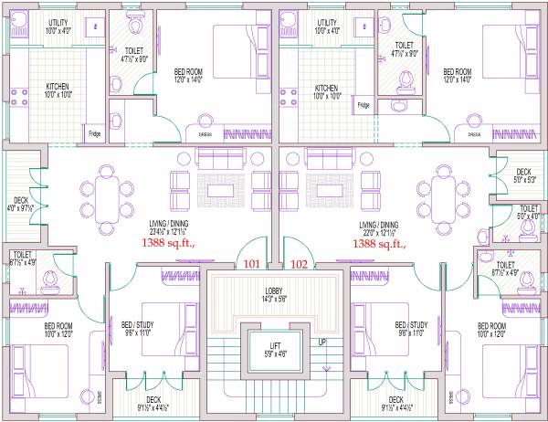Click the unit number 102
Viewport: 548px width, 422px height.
pos(299,265)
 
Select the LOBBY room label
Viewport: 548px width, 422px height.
pos(273,290)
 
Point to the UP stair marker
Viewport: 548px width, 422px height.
pos(322,342)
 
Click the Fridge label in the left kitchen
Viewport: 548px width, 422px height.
pos(94,134)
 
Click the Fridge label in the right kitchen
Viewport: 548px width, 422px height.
pos(364,106)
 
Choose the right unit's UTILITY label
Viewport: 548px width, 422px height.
pos(326,24)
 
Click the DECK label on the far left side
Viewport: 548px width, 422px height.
pos(21,201)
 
